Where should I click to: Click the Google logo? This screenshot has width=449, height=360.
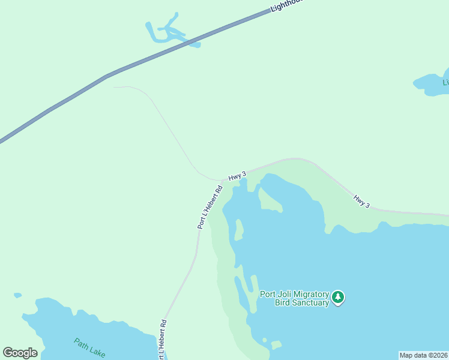coord(20,353)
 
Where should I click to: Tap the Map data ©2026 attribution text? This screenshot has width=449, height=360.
coord(423,355)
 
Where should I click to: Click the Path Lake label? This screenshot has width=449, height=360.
coord(89,347)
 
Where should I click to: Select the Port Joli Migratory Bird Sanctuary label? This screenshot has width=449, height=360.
coord(294,298)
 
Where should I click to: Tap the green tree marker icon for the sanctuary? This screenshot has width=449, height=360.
coord(339,297)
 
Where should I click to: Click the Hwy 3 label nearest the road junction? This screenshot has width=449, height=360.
coord(237,175)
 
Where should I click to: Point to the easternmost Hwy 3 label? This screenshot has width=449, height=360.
coord(361,202)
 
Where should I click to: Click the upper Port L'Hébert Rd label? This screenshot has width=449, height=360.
coord(210,206)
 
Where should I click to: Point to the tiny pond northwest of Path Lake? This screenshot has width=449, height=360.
coord(18,296)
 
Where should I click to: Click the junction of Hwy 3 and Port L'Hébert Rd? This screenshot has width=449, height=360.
coord(223,179)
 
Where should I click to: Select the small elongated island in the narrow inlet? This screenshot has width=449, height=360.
coord(239,229)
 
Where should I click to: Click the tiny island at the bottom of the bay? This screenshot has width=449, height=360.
coord(276,345)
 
